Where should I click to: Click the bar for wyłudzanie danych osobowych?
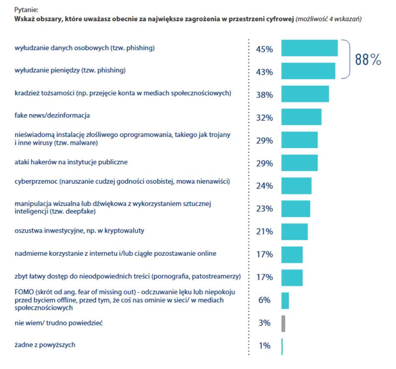(309, 48)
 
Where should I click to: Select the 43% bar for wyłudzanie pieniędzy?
(308, 71)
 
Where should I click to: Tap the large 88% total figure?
(368, 60)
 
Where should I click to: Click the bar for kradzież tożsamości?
(305, 94)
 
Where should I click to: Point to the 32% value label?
(264, 118)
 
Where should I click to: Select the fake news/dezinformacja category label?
(52, 115)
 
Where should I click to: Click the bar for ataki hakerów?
(299, 163)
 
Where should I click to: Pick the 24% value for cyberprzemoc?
(264, 186)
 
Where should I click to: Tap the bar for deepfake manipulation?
(295, 209)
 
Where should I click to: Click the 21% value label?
(264, 232)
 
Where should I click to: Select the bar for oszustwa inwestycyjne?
(294, 232)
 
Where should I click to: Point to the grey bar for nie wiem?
(283, 323)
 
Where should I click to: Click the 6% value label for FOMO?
(264, 300)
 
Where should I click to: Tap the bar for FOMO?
(285, 300)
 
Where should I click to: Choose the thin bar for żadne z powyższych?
(282, 346)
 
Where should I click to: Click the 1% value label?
(264, 346)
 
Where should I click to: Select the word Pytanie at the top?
(26, 9)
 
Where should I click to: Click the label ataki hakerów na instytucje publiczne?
(71, 161)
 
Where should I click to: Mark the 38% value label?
(264, 95)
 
